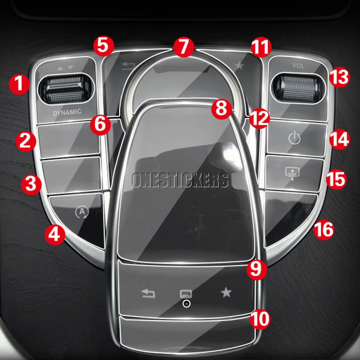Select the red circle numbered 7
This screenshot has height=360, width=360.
183,47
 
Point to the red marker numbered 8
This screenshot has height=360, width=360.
222,108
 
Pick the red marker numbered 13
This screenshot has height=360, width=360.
338,77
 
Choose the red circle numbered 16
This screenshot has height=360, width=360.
323,229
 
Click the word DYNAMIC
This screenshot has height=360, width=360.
67,112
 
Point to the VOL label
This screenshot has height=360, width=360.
298,66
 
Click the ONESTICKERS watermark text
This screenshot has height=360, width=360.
180,180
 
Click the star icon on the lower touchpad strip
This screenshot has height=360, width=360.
226,293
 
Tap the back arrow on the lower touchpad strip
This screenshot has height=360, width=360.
148,294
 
